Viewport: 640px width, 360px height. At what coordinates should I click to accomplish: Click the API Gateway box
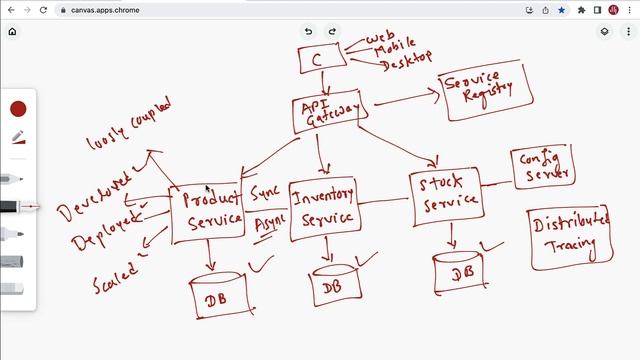(326, 113)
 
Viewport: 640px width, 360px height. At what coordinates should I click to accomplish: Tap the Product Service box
(207, 211)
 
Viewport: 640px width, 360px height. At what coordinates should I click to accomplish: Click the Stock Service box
(446, 197)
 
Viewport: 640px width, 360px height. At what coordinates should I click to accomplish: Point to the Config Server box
(544, 167)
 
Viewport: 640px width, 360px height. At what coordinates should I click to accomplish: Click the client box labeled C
(317, 59)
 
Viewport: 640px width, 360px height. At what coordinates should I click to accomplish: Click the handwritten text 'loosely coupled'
(129, 124)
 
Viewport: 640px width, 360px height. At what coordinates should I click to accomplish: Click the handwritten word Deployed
(105, 232)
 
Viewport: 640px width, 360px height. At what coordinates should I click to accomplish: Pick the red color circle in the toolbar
(18, 109)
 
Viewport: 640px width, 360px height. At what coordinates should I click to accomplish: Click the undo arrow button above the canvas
(309, 31)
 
